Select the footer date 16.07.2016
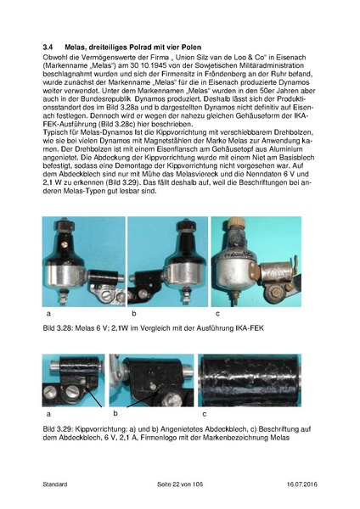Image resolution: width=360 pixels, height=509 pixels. [297, 484]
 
